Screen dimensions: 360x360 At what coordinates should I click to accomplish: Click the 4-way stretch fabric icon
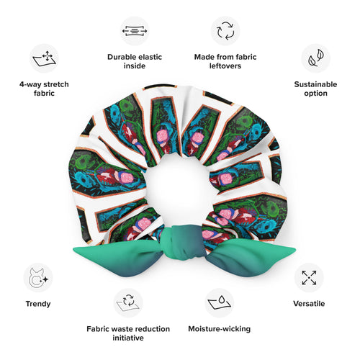[44, 58]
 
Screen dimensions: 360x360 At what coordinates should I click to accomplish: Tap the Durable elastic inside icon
[135, 31]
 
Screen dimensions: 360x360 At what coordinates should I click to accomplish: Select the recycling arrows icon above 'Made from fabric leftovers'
[225, 31]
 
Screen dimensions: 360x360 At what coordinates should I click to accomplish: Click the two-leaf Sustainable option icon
[316, 58]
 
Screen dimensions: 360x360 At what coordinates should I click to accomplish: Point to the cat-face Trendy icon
[38, 278]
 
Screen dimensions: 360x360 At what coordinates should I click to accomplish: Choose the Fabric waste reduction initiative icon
[128, 302]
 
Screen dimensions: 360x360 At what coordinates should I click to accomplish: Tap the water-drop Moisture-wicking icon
[219, 302]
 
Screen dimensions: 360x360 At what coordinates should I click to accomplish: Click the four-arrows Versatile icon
[309, 277]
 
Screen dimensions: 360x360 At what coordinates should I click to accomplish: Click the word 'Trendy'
[38, 304]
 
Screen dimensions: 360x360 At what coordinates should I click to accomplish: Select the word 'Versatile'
[309, 303]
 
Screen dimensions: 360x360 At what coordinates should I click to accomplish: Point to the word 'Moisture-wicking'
[220, 328]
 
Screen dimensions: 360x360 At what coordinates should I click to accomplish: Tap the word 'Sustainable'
[315, 84]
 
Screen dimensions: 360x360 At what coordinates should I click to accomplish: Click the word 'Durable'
[121, 57]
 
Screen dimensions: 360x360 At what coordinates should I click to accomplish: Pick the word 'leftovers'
[225, 66]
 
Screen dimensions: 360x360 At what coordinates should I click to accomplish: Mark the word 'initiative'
[128, 338]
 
